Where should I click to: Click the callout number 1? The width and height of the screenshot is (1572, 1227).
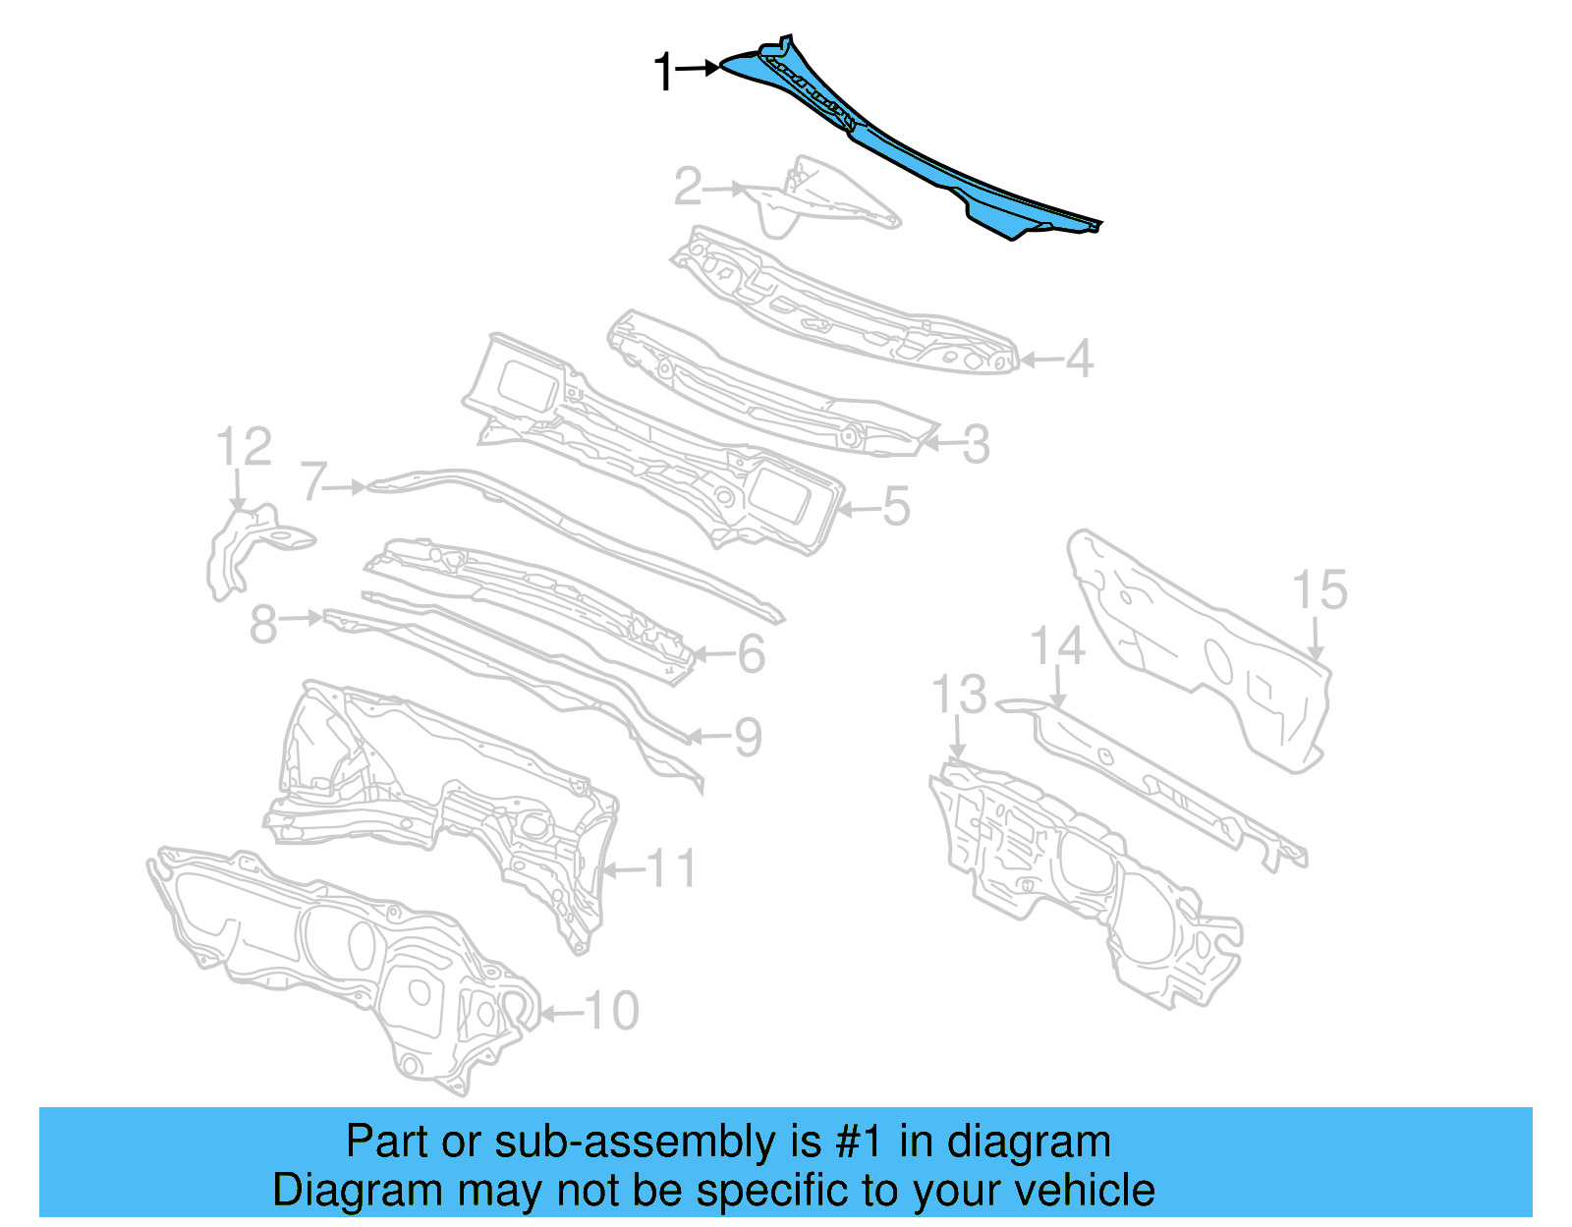click(665, 73)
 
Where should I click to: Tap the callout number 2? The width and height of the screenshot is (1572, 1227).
click(688, 186)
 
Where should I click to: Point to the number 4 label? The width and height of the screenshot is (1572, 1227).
click(1079, 360)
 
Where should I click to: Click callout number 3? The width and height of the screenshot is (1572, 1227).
click(976, 445)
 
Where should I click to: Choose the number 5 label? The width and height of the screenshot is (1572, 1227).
click(896, 507)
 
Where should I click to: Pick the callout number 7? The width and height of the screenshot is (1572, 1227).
click(314, 482)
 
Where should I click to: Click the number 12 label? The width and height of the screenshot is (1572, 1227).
click(244, 448)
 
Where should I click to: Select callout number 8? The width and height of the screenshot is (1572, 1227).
click(263, 625)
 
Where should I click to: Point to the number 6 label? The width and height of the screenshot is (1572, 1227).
click(752, 654)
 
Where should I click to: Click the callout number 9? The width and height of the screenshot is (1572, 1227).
click(748, 737)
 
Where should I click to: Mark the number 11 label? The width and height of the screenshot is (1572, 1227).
click(672, 869)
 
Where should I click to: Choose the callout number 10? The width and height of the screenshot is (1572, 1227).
click(612, 1011)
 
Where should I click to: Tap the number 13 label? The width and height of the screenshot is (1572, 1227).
click(959, 695)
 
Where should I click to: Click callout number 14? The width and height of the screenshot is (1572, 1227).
click(1057, 647)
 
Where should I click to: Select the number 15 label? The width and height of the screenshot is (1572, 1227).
click(1319, 590)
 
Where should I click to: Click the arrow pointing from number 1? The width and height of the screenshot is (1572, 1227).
click(700, 68)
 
